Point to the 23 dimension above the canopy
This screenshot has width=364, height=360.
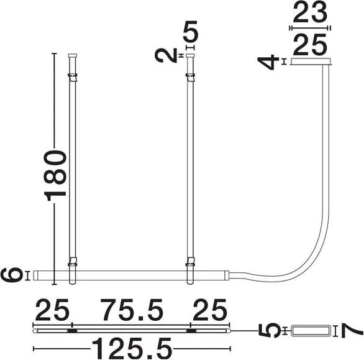310,13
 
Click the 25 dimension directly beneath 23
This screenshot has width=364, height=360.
310,44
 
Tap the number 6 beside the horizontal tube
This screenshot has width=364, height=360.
12,274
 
